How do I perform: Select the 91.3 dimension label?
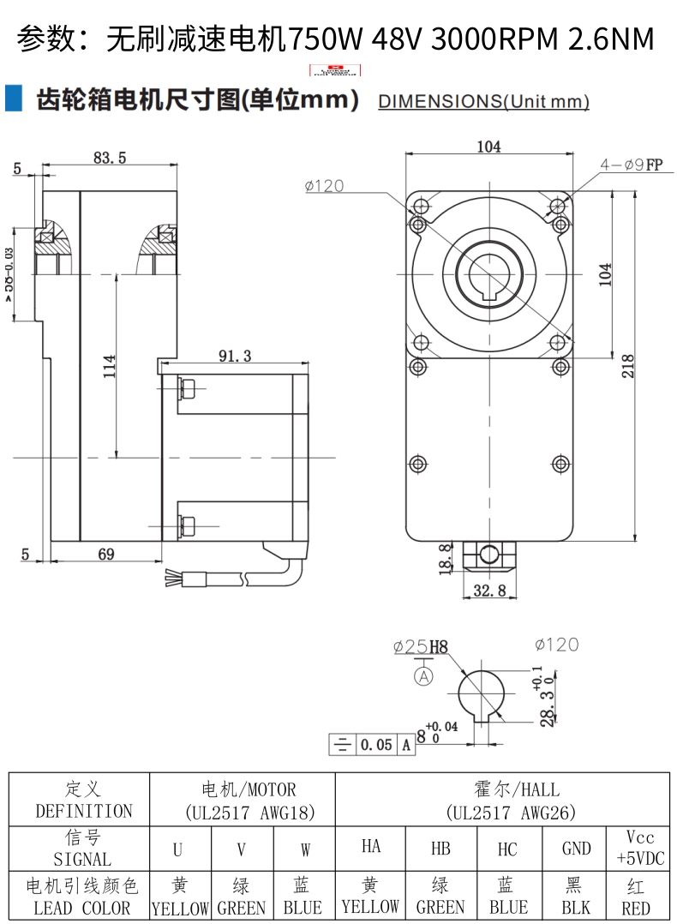[234, 357]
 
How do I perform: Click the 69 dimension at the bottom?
[105, 555]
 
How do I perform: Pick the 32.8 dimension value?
[489, 591]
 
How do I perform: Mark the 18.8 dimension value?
[446, 559]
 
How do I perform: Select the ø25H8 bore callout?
[421, 647]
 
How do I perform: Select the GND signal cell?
[576, 849]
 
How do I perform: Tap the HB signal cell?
[440, 849]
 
